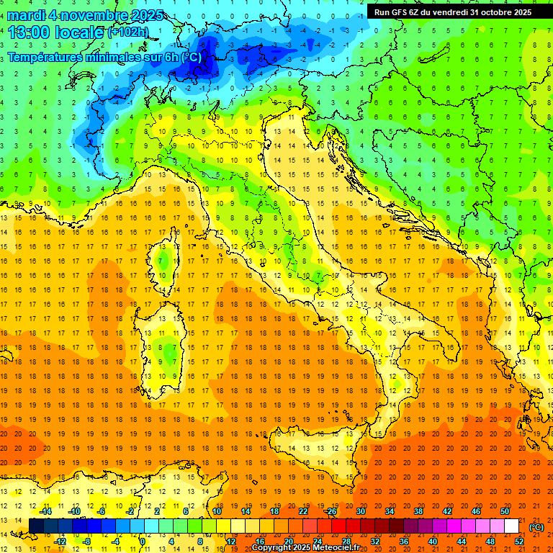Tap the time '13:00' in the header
28,32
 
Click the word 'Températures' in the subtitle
50,57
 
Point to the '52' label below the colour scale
519,541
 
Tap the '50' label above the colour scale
505,511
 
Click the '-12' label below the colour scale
60,541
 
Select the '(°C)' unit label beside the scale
536,527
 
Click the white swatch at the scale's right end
512,526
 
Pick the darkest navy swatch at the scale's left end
36,526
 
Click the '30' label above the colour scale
361,511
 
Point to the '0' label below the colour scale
143,541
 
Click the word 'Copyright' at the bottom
271,548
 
